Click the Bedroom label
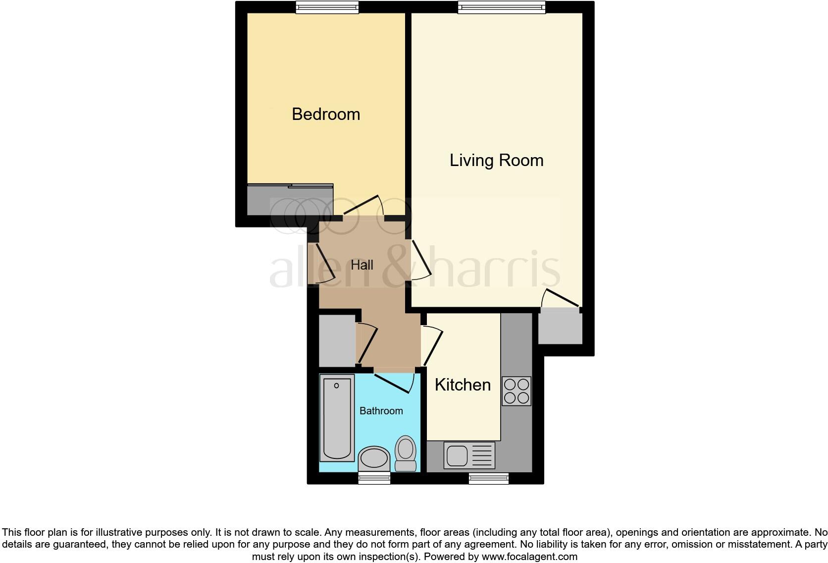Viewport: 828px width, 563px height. (326, 114)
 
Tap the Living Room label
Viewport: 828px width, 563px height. (496, 161)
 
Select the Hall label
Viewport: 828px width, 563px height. (362, 265)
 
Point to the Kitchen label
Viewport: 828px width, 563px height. (463, 385)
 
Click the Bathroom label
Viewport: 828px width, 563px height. (381, 411)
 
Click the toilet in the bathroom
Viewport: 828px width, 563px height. (406, 453)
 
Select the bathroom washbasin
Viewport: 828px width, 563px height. (374, 458)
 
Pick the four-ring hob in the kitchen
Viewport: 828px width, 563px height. (517, 391)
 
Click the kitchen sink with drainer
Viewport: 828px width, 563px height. (469, 455)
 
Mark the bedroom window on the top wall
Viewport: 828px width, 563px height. (327, 6)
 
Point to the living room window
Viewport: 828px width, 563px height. (501, 6)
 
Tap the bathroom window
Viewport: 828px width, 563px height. (374, 478)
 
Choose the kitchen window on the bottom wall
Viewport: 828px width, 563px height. (488, 478)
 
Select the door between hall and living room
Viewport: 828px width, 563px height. (420, 260)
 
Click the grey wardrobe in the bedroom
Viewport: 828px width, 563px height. (290, 200)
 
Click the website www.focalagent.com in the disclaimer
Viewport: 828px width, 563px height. (529, 557)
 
